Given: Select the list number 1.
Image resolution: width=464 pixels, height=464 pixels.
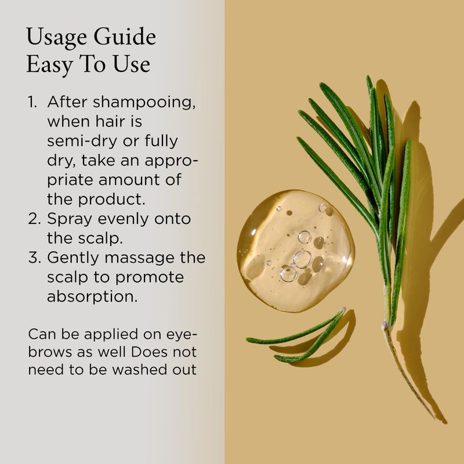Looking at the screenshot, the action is (x=32, y=102).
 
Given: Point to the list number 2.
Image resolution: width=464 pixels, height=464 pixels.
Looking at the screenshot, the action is (x=34, y=219).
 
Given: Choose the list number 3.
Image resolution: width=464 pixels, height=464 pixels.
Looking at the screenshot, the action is (x=34, y=258).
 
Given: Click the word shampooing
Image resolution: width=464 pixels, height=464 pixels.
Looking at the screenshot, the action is (x=144, y=103).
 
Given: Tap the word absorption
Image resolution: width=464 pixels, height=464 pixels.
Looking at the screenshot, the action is (x=92, y=297).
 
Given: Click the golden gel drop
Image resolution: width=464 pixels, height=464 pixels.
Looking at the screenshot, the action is (x=296, y=251).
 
